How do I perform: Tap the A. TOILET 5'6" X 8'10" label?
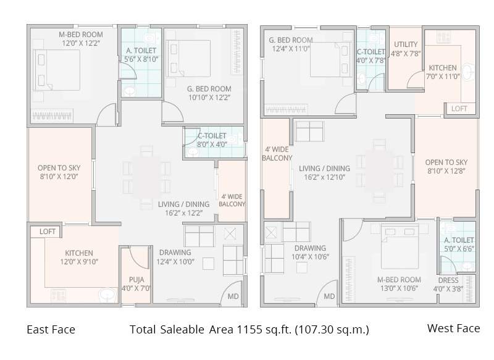tap(140, 54)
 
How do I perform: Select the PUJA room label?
tap(136, 283)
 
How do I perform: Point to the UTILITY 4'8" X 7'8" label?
tap(406, 49)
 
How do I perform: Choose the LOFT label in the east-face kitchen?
tap(48, 232)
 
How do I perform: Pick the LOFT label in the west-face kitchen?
tap(459, 109)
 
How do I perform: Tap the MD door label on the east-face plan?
tap(233, 296)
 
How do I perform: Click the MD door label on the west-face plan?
tap(329, 296)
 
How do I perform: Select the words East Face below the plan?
tap(51, 330)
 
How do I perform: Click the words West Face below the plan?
tap(453, 329)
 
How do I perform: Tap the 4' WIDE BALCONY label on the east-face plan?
tap(232, 200)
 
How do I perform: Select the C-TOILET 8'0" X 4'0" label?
tap(212, 140)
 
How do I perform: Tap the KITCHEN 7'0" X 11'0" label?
tap(443, 72)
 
